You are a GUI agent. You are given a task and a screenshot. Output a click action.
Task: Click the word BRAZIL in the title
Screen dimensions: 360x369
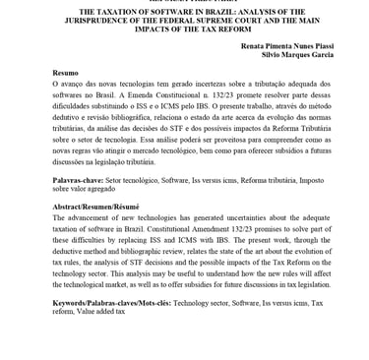(208, 12)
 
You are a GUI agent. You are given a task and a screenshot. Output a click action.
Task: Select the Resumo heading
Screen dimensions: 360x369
(65, 74)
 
